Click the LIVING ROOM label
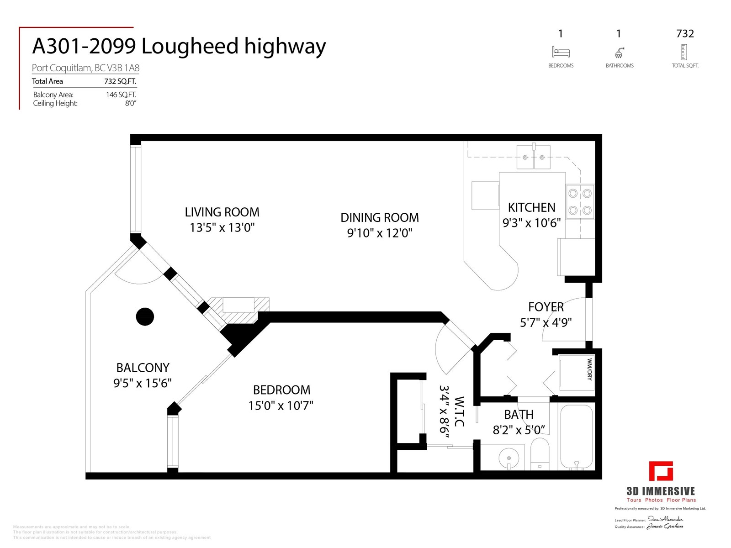pyautogui.click(x=222, y=212)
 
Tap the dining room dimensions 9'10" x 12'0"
pyautogui.click(x=380, y=233)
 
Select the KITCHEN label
pyautogui.click(x=531, y=207)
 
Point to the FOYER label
pyautogui.click(x=546, y=307)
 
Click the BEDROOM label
pyautogui.click(x=281, y=390)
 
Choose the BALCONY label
pyautogui.click(x=143, y=368)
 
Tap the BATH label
pyautogui.click(x=519, y=415)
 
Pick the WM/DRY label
pyautogui.click(x=589, y=369)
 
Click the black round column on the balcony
pyautogui.click(x=145, y=316)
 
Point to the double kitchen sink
pyautogui.click(x=534, y=157)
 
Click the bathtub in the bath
pyautogui.click(x=576, y=437)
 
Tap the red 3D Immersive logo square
pyautogui.click(x=661, y=472)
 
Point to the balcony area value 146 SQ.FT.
pyautogui.click(x=121, y=95)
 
